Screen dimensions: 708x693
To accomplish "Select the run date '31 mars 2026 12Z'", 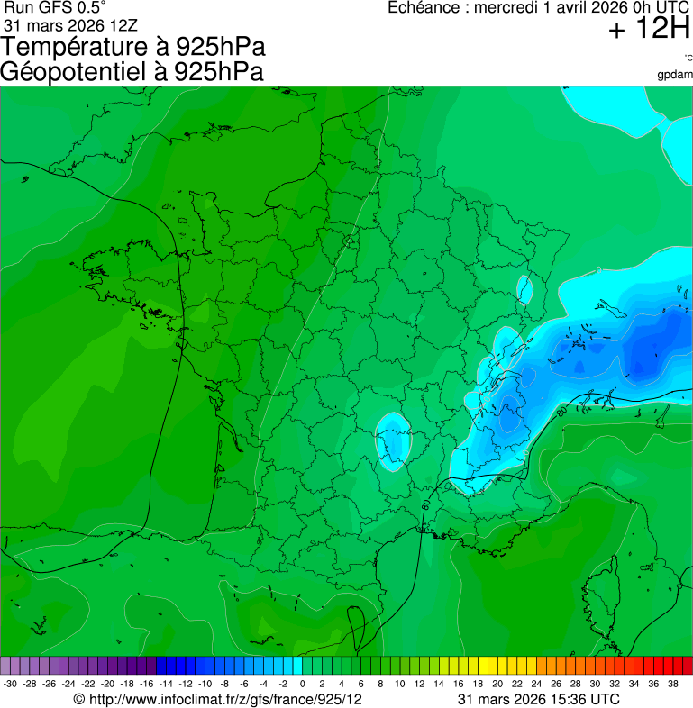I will tap(71, 26).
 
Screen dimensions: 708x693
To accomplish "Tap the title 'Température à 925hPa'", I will tap(133, 47).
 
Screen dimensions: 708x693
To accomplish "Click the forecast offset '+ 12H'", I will tap(648, 30).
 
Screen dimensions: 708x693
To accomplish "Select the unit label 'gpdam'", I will tap(675, 73).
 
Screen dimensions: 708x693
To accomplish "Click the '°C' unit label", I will tap(688, 58).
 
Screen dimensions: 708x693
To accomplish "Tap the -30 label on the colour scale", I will tap(10, 684).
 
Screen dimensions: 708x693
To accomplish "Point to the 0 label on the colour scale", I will tap(302, 684).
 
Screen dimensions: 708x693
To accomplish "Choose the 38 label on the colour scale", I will tap(672, 684).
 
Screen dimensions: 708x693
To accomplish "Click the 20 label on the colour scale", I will tap(497, 684).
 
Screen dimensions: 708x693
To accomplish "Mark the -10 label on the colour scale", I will tap(205, 684).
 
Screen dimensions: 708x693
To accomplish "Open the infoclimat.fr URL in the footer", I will tap(217, 699).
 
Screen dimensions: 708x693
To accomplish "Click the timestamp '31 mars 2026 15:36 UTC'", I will tap(538, 699).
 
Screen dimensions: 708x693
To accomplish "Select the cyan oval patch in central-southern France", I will tap(392, 440).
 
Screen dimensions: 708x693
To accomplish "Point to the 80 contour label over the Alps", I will tap(561, 412).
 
